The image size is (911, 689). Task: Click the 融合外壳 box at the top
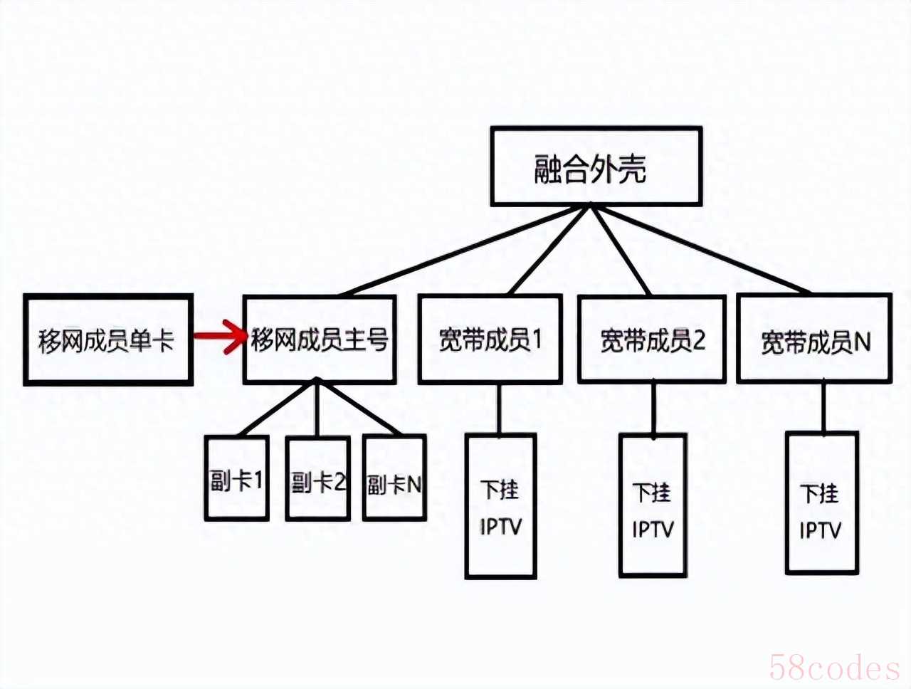pyautogui.click(x=596, y=167)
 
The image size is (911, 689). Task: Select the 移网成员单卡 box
pyautogui.click(x=108, y=340)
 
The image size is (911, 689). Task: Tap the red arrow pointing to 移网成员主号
pyautogui.click(x=220, y=337)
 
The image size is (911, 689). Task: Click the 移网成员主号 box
pyautogui.click(x=320, y=340)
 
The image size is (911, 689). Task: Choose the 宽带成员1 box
pyautogui.click(x=490, y=340)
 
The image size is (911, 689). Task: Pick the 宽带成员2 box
pyautogui.click(x=652, y=340)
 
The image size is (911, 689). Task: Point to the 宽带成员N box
pyautogui.click(x=814, y=340)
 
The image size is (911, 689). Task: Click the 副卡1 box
pyautogui.click(x=237, y=478)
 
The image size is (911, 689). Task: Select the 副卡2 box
pyautogui.click(x=318, y=479)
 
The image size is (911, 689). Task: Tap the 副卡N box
pyautogui.click(x=394, y=479)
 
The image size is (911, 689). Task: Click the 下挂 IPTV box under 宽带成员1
pyautogui.click(x=500, y=506)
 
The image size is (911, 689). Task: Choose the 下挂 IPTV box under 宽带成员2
pyautogui.click(x=653, y=506)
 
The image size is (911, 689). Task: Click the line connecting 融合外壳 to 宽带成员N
pyautogui.click(x=701, y=250)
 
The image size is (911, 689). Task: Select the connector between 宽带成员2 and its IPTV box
pyautogui.click(x=653, y=408)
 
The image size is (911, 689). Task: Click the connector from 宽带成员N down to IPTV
pyautogui.click(x=823, y=406)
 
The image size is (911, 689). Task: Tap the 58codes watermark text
pyautogui.click(x=834, y=668)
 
